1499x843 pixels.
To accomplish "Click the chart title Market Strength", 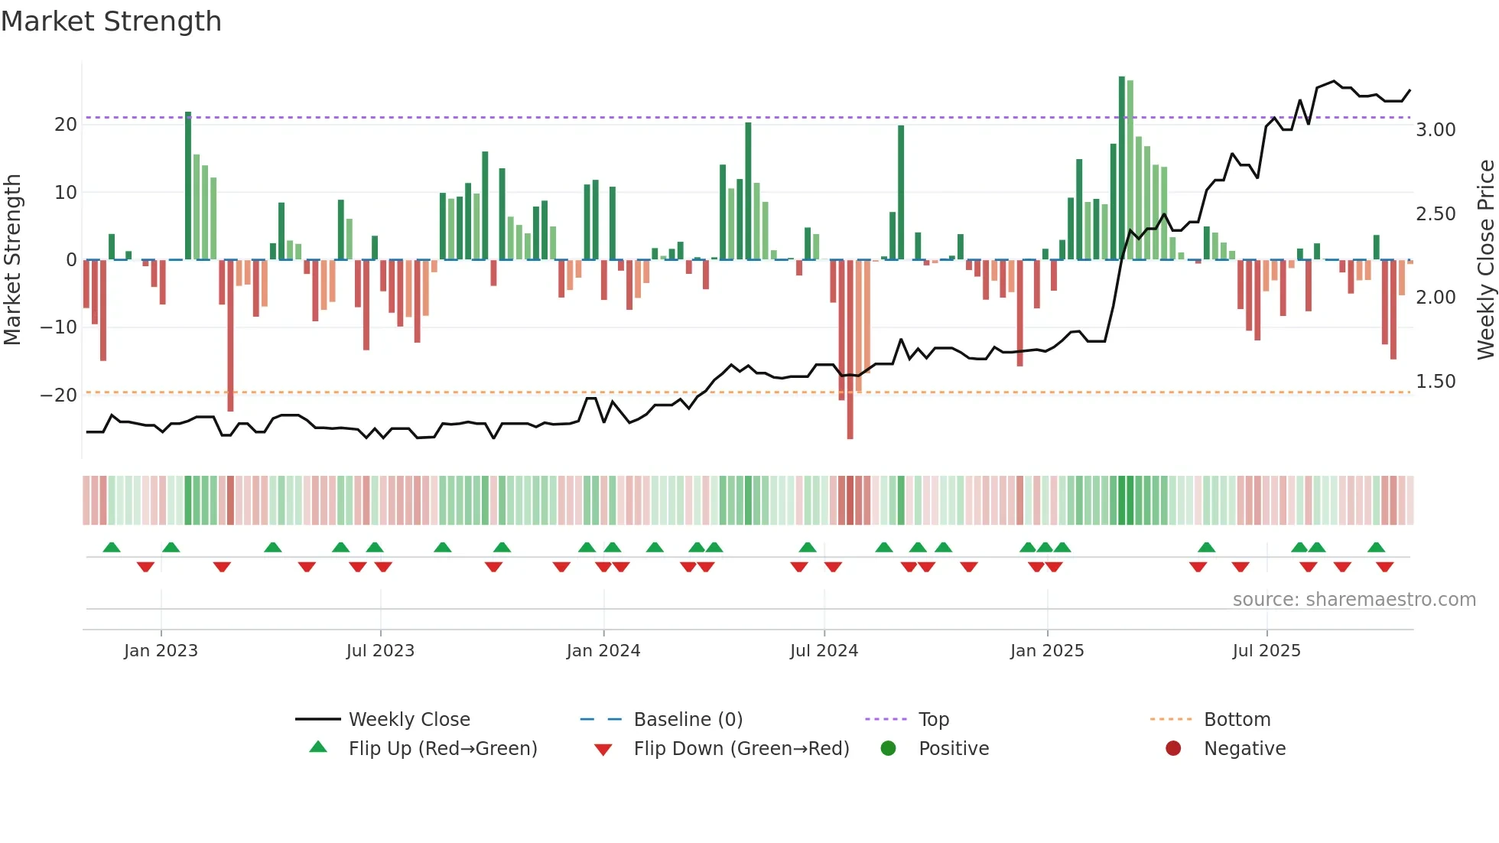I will point(111,21).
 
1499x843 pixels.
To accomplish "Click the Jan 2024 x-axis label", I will point(603,651).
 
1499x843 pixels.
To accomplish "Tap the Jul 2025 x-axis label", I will point(1266,651).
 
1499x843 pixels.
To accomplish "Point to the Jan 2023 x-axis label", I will point(161,651).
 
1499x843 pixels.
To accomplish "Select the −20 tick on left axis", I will point(59,395).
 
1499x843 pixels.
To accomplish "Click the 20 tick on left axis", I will point(66,125).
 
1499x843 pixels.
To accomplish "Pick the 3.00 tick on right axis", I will point(1436,130).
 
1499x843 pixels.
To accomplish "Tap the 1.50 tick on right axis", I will point(1436,382).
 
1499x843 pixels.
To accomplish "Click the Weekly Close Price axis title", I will point(1485,260).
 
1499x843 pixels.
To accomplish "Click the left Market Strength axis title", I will point(13,260).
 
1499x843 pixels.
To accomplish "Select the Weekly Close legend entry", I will point(409,720).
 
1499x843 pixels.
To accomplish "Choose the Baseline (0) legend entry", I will point(688,720).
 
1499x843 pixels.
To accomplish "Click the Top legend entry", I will point(933,720).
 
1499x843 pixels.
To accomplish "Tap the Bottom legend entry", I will point(1237,720).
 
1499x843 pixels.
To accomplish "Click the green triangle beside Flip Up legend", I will point(318,747).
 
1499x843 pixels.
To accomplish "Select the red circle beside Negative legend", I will point(1173,749).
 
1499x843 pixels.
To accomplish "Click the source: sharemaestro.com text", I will point(1354,600).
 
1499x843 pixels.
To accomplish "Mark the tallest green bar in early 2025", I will point(1122,168).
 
